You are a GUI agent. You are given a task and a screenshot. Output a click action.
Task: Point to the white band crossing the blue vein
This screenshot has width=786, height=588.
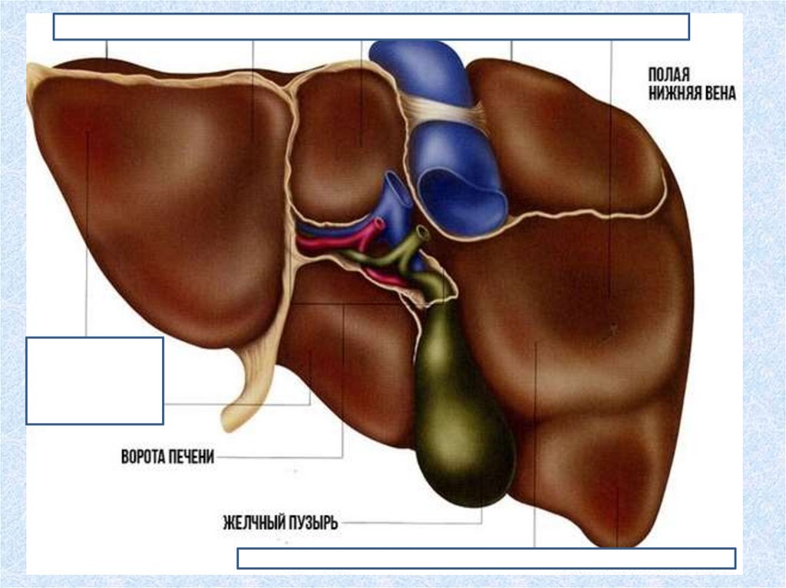(445, 115)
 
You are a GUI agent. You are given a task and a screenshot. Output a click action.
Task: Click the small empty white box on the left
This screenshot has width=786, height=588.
(94, 380)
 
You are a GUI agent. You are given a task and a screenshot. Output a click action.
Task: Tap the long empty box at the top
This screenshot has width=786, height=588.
(371, 26)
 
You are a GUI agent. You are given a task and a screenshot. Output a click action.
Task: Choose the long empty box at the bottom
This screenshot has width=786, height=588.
(486, 558)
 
